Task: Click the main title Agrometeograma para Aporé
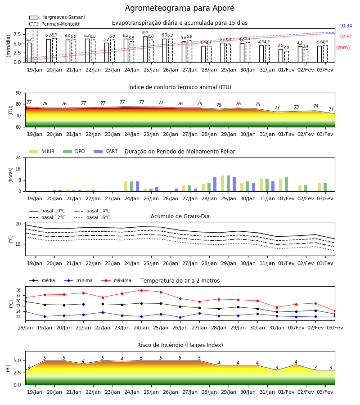pos(180,8)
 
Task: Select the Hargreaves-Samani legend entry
pos(57,17)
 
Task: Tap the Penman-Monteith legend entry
pos(55,24)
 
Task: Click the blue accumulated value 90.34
pos(346,26)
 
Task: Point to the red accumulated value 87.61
pos(346,37)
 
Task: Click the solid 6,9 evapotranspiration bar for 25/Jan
pos(145,49)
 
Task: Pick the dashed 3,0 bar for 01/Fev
pos(287,57)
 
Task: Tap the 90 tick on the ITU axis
pos(18,93)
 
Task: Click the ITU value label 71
pos(331,109)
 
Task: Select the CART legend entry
pos(106,151)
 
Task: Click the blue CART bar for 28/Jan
pos(215,184)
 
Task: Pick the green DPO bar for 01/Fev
pos(286,184)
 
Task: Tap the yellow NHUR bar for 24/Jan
pos(126,186)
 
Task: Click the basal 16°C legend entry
pos(92,217)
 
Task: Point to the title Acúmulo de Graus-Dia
pos(180,216)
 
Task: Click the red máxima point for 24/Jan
pos(141,290)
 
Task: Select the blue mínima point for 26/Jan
pos(180,317)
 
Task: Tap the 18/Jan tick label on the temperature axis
pos(25,328)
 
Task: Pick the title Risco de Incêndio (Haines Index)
pos(180,345)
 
